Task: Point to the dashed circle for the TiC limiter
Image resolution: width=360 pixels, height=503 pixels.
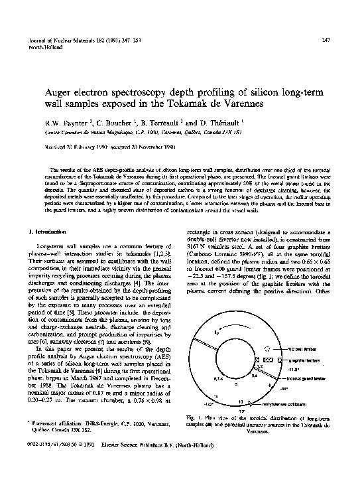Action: point(267,348)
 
